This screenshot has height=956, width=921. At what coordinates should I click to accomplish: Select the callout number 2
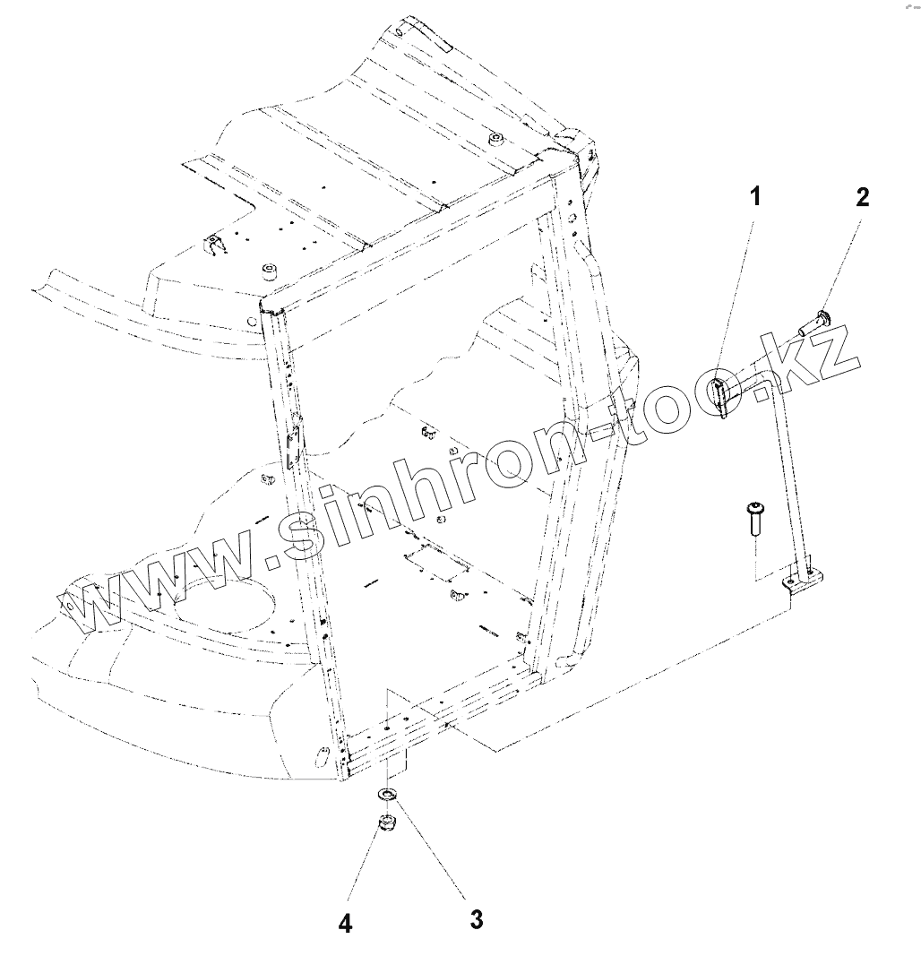[862, 197]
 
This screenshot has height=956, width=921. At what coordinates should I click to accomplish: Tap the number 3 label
[477, 918]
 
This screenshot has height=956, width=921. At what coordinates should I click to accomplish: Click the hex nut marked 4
[385, 823]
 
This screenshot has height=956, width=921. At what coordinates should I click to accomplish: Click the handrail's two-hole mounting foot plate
[804, 580]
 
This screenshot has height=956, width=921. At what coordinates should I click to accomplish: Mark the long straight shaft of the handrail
[796, 484]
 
